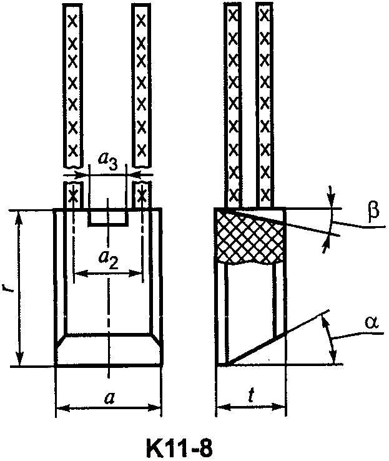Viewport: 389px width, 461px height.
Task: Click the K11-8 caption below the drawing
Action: coord(179,447)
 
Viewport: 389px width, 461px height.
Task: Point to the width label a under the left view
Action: coord(110,399)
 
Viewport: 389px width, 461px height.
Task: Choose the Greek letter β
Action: coord(373,211)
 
